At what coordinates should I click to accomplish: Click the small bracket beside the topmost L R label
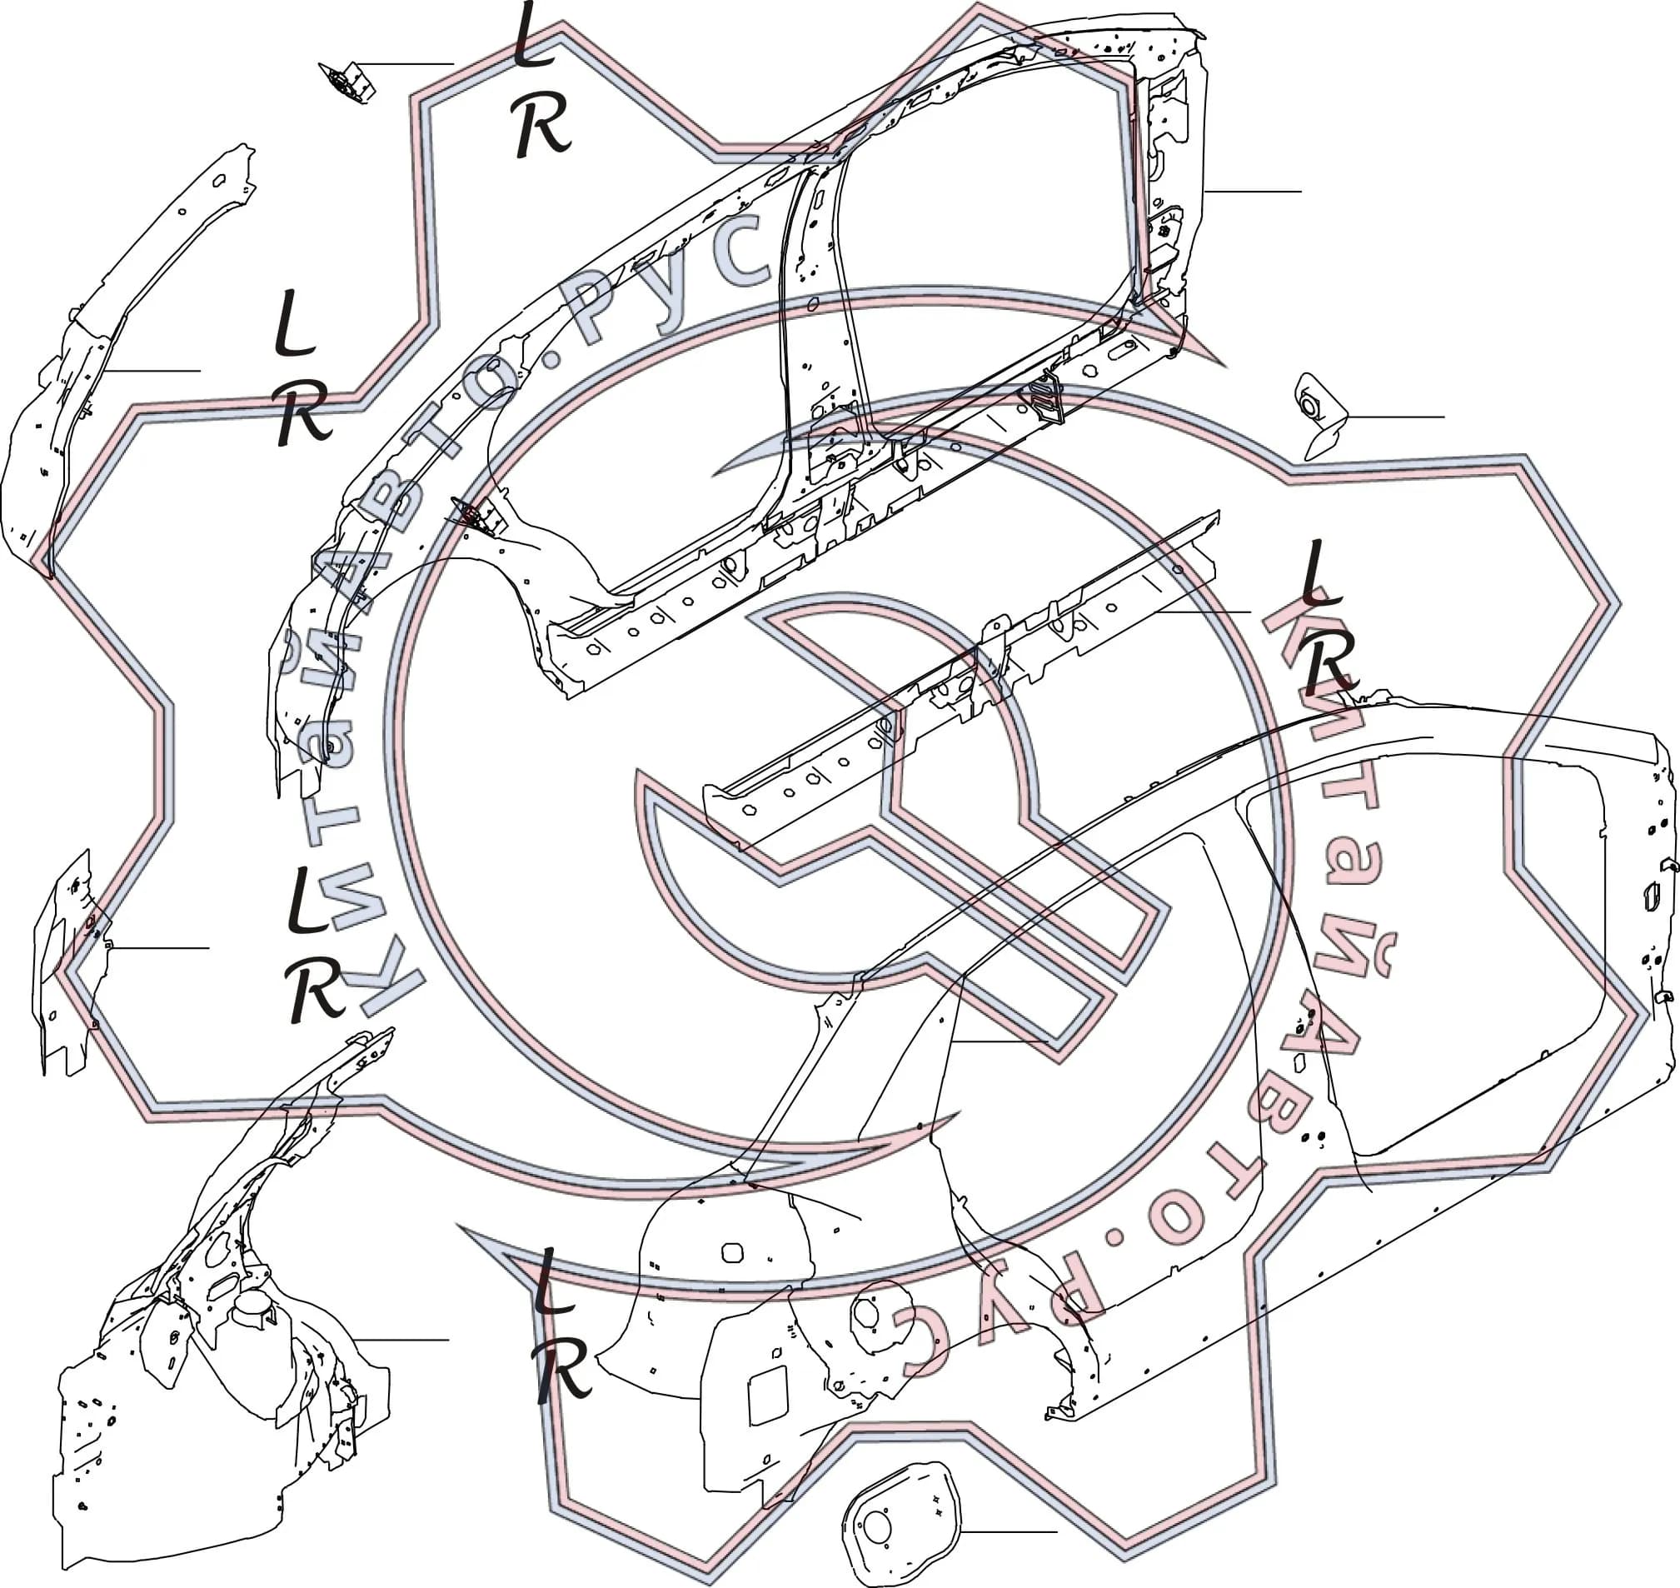pos(347,82)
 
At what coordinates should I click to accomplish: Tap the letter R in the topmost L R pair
pos(542,125)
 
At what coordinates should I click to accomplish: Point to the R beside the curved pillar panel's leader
pos(303,411)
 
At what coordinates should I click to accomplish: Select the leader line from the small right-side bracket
pos(1397,417)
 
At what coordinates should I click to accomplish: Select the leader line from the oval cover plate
pos(1009,1531)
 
